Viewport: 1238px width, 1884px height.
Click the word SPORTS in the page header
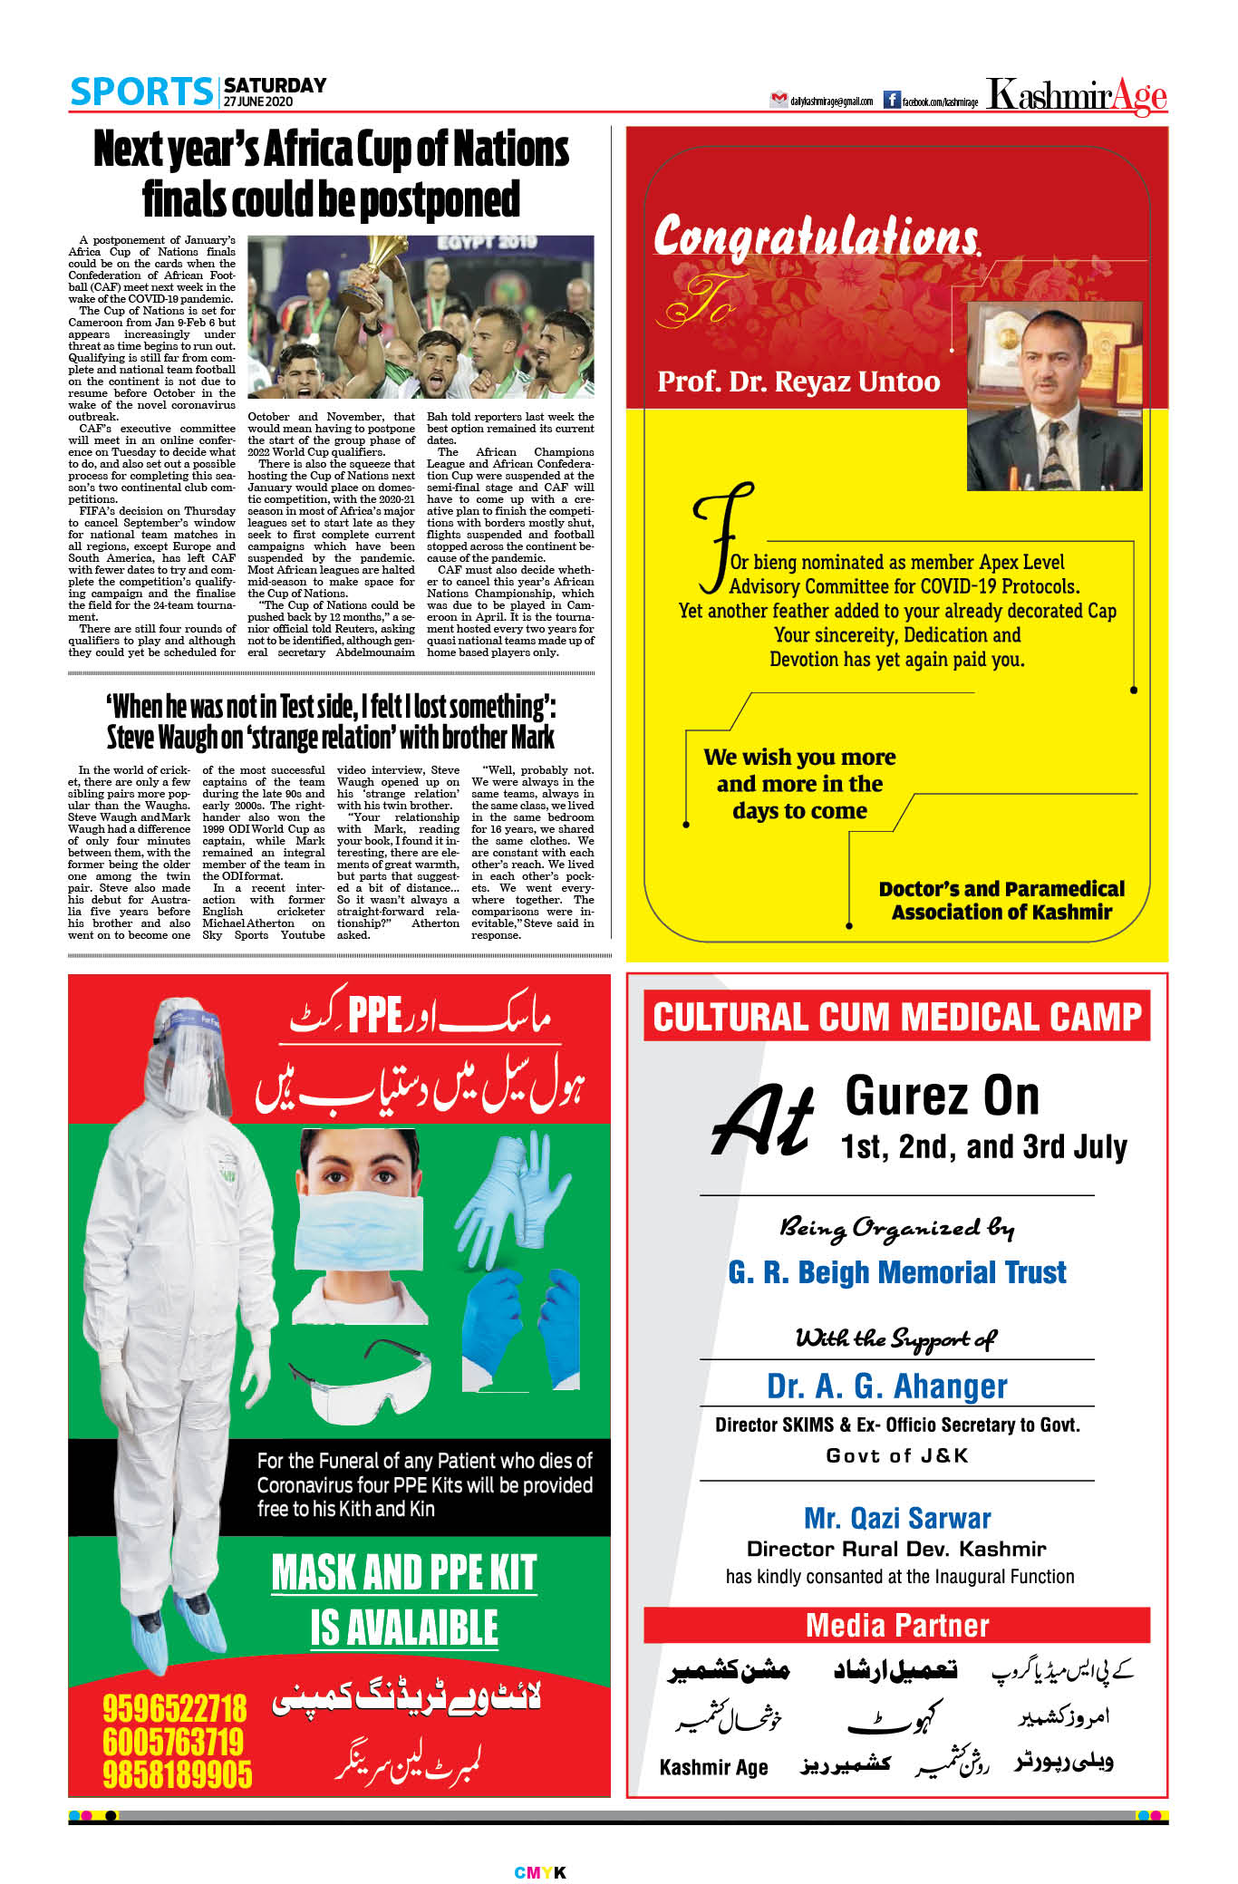(x=141, y=92)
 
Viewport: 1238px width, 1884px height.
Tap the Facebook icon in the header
(x=891, y=100)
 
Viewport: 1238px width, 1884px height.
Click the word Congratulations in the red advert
(x=816, y=236)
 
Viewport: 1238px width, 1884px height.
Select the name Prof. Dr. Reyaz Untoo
(x=798, y=382)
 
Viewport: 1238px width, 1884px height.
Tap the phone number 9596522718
(x=174, y=1709)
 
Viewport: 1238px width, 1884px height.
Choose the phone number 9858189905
(x=177, y=1774)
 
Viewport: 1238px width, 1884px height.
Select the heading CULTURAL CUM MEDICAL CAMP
(x=896, y=1017)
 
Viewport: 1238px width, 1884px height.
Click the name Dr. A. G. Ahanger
(x=886, y=1386)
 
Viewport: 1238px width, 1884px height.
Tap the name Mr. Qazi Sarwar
(x=896, y=1518)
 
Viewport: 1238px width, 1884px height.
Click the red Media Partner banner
(x=896, y=1625)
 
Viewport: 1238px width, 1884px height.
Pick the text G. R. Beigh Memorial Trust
(x=896, y=1272)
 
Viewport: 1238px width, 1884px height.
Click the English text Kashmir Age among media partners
(x=713, y=1767)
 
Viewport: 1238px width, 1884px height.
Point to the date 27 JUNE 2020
(x=258, y=101)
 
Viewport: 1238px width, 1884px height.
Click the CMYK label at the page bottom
(x=540, y=1872)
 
